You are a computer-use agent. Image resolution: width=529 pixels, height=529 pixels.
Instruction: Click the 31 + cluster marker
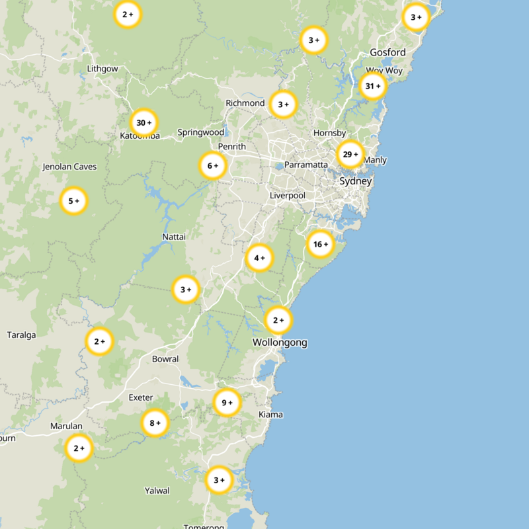click(373, 86)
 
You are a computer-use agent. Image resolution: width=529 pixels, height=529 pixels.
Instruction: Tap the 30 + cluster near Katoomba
click(143, 122)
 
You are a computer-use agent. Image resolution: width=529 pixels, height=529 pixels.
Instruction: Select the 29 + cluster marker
click(350, 154)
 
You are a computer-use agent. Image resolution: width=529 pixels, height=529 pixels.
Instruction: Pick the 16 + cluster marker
click(321, 245)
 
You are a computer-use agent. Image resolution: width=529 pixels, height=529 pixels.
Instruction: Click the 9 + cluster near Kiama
click(226, 402)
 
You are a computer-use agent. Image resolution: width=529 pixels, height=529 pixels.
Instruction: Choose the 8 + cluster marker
click(155, 423)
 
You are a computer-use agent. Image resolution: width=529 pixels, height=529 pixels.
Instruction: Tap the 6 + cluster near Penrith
click(213, 166)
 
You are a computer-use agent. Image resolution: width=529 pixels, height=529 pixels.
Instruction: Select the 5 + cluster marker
click(73, 200)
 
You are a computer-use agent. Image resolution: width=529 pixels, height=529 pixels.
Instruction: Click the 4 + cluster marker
click(259, 258)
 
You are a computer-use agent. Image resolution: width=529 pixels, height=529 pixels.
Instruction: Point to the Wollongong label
click(280, 343)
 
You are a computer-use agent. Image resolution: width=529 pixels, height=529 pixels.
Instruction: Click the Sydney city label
click(355, 181)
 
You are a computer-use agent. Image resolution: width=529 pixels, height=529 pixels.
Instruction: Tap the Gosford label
click(387, 52)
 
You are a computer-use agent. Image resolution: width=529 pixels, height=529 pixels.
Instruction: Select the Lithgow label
click(102, 69)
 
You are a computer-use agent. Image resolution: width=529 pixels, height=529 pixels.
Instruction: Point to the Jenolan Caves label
click(69, 167)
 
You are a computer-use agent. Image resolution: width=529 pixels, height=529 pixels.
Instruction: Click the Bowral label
click(165, 359)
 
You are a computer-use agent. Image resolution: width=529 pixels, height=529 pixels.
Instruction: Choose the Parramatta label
click(305, 165)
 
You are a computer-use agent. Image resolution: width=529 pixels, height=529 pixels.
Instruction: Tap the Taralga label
click(21, 335)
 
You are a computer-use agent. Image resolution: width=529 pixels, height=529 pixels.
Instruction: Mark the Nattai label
click(174, 237)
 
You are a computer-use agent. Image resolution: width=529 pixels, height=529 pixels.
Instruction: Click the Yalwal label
click(157, 491)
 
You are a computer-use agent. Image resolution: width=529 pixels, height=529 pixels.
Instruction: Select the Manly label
click(375, 160)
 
